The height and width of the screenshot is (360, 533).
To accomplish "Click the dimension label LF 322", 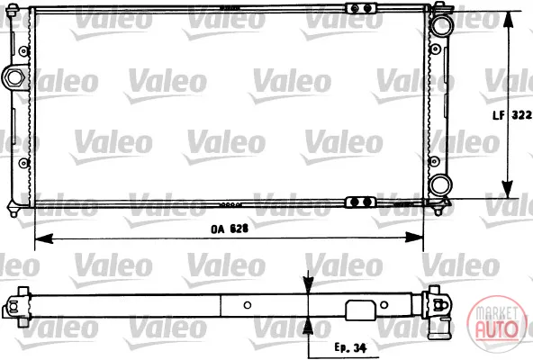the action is click(x=512, y=115).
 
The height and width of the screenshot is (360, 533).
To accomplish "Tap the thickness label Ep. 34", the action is click(x=350, y=347).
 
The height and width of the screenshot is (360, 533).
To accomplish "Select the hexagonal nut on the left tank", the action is click(x=14, y=77).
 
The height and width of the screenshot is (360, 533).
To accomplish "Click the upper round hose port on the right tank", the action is click(x=441, y=25).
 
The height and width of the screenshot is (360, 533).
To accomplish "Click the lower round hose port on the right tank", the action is click(x=440, y=185).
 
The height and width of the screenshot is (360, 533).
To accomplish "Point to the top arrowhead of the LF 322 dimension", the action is click(x=508, y=20).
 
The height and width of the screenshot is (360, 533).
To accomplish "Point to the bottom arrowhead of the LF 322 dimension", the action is click(x=507, y=189).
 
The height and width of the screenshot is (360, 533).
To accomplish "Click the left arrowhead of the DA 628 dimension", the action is click(x=43, y=238).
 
